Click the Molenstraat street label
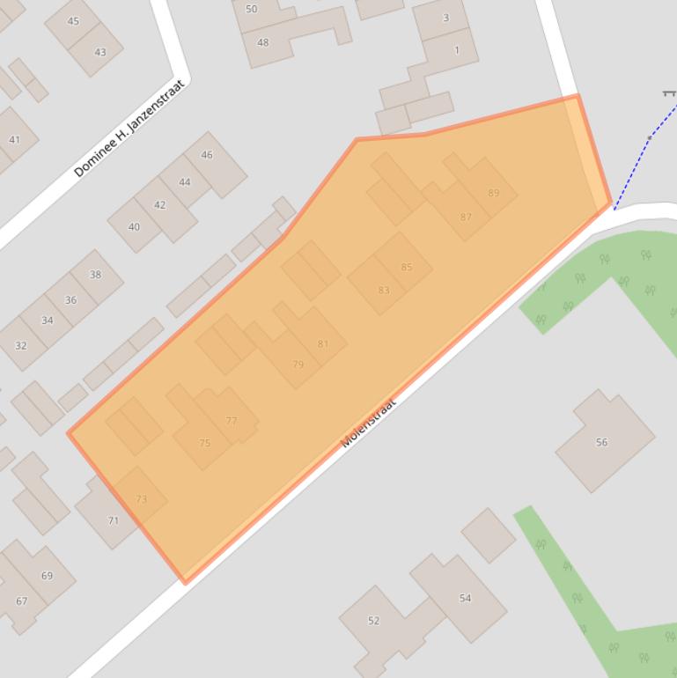click(x=369, y=424)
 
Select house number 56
click(x=601, y=442)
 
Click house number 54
click(x=465, y=598)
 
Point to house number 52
click(x=373, y=621)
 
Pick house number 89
click(x=493, y=193)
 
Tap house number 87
click(x=466, y=217)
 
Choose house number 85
click(x=407, y=267)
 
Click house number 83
click(x=384, y=290)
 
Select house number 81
click(x=323, y=343)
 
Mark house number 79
click(x=298, y=364)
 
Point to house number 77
click(x=232, y=421)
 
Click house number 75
click(x=205, y=443)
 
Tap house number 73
click(x=142, y=498)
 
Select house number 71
click(x=113, y=520)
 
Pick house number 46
click(x=207, y=155)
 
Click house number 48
click(x=262, y=42)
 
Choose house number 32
click(x=21, y=345)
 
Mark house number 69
click(x=47, y=576)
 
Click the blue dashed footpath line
click(x=632, y=173)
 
